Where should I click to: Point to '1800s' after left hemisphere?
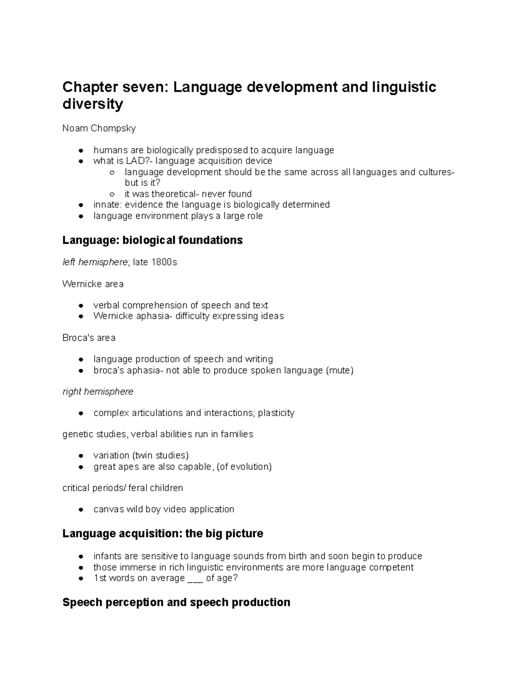click(x=165, y=262)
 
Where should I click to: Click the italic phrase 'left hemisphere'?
click(x=95, y=262)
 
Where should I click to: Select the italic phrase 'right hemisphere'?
click(x=98, y=392)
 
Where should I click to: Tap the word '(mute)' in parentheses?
click(x=339, y=370)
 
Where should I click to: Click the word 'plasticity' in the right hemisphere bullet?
click(x=276, y=413)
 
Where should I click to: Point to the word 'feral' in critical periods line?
click(x=138, y=488)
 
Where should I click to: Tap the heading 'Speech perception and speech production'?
click(x=176, y=602)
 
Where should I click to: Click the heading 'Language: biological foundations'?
click(x=152, y=240)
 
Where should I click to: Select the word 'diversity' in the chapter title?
click(x=92, y=104)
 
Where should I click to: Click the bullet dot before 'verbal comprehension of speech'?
click(x=81, y=306)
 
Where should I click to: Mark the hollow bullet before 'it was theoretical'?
click(x=112, y=194)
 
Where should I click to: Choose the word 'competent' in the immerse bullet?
click(x=392, y=568)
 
